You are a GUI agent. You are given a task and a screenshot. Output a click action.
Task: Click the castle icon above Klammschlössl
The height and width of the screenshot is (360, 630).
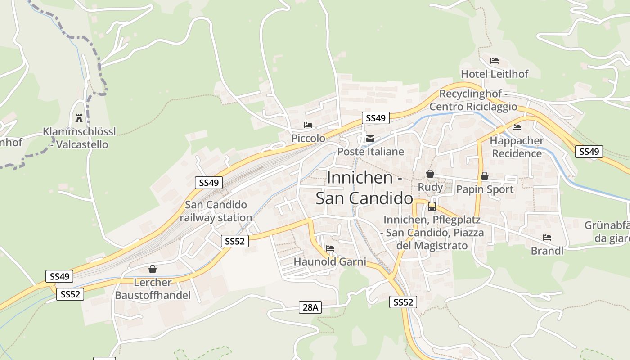pos(79,118)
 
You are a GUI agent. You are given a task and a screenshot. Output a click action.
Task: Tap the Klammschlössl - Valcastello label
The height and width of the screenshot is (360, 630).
pos(79,138)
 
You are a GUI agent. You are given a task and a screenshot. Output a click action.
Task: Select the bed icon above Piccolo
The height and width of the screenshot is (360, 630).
pos(308,125)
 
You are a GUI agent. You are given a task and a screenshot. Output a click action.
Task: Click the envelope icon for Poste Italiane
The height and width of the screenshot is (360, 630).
pos(370,139)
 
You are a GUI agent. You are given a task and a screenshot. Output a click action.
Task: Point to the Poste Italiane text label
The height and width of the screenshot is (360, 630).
pos(371,152)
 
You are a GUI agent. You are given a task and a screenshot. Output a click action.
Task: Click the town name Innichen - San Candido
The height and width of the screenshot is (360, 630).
pos(364,188)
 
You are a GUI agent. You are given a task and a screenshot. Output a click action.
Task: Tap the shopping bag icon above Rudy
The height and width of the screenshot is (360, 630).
pos(430,174)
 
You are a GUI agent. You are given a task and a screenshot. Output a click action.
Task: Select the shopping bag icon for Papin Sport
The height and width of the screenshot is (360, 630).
pos(485,176)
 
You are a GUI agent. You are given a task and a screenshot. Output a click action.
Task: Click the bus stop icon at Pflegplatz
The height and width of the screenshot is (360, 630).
pos(432,207)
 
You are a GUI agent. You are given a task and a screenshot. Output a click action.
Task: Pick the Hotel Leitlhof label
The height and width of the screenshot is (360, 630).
pos(495,74)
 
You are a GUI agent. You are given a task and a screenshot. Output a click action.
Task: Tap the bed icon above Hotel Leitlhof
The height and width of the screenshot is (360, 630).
pos(495,61)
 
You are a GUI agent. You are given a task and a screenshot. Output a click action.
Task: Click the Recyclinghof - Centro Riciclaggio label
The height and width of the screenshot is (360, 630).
pos(473,100)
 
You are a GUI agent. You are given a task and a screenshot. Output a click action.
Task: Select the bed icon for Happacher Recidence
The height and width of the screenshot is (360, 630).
pos(517,127)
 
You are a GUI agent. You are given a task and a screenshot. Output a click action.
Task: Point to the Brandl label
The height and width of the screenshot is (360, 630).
pos(547,251)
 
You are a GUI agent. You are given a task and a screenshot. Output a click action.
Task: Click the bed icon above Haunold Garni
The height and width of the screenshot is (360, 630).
pos(330,248)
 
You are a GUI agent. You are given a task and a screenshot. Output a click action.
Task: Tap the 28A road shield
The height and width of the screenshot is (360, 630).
pos(310,307)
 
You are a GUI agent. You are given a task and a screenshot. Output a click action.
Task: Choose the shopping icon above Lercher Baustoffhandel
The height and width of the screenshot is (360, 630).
pos(153,269)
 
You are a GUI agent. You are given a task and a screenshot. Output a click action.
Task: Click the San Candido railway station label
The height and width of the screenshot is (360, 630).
pos(216,211)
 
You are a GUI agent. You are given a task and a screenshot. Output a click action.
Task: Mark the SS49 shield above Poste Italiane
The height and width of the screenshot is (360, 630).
pos(376,118)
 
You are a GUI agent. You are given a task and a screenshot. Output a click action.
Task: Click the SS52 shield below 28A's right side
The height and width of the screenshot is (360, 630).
pos(403,302)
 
